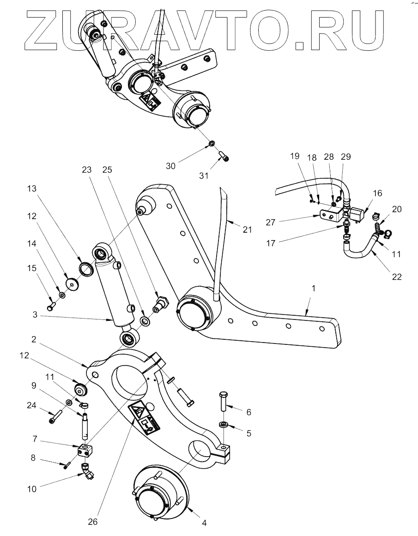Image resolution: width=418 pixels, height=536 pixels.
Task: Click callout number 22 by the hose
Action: [x=397, y=277]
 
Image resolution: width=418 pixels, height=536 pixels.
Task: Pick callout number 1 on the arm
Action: [x=314, y=288]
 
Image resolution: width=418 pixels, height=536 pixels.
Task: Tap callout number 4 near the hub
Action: [x=204, y=523]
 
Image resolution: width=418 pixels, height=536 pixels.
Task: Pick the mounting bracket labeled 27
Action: [x=329, y=215]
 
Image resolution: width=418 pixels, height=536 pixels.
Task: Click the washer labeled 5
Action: [x=224, y=424]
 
